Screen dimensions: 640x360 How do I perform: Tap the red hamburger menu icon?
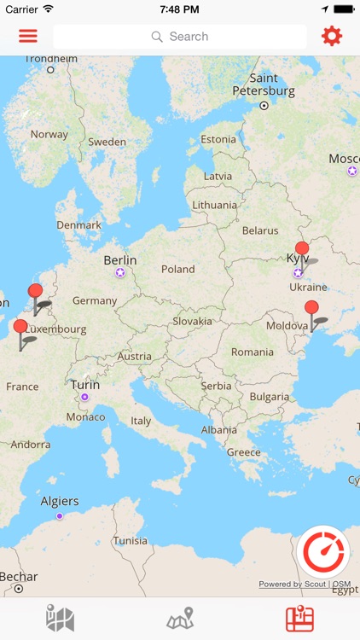pos(28,37)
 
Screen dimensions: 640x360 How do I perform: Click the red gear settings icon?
pos(331,36)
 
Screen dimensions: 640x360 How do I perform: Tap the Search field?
pos(180,37)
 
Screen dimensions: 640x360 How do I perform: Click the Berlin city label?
pos(119,260)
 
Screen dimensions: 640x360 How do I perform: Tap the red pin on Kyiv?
pos(302,249)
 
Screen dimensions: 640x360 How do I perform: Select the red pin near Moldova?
pos(311,308)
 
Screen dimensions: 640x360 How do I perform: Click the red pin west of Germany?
pos(35,291)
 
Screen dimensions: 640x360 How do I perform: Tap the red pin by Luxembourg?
pos(20,326)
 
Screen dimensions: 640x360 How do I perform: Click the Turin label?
pos(85,385)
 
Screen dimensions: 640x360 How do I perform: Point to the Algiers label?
pos(60,501)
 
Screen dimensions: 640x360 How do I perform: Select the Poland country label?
pos(178,269)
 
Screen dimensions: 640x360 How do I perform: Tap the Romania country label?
pos(253,352)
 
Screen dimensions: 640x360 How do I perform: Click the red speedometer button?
pos(323,551)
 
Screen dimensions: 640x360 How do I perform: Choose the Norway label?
pos(49,134)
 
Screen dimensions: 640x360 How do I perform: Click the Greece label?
pos(244,451)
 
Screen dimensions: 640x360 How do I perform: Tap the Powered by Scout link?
pos(293,584)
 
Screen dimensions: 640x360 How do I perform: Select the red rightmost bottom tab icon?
pos(299,619)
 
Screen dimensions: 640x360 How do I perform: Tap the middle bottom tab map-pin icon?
pos(180,619)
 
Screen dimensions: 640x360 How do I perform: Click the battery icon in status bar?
pos(343,9)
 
